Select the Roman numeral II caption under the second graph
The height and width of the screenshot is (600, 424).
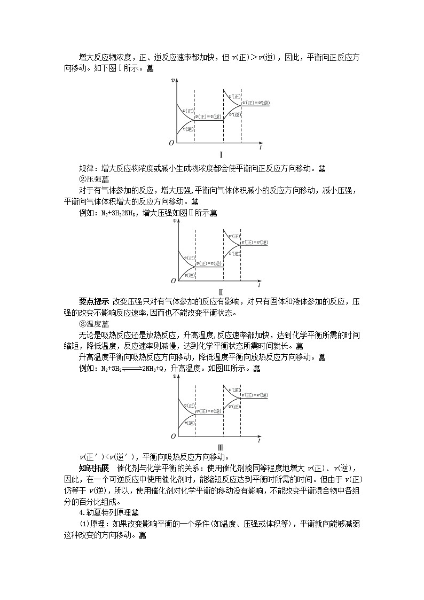point(220,292)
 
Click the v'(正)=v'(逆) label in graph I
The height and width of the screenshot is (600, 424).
point(256,103)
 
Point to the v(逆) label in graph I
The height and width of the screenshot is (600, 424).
point(187,129)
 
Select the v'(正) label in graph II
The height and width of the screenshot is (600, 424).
point(233,236)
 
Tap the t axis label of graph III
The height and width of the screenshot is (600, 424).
point(260,441)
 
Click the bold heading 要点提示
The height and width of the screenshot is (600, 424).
point(94,302)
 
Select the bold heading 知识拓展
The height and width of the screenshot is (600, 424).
point(94,469)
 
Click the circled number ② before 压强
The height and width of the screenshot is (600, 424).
point(82,178)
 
